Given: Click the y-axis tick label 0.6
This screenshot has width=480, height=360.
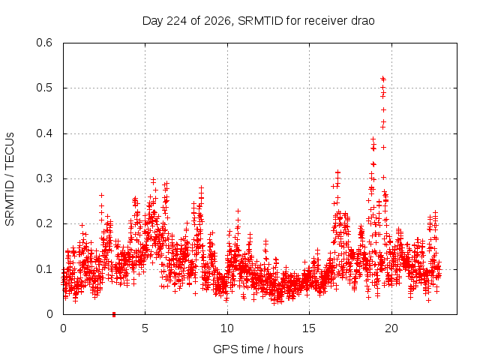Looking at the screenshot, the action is (44, 43).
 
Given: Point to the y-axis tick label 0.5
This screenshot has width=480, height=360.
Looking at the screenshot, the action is (44, 88).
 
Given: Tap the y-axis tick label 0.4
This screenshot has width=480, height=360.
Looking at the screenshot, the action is (44, 133).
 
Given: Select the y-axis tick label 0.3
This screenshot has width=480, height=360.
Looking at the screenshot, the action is (44, 178).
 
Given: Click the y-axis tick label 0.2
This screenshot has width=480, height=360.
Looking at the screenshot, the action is (44, 223).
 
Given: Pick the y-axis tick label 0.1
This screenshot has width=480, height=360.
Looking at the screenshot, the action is (44, 269).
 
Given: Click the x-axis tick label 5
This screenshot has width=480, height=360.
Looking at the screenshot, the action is (145, 328).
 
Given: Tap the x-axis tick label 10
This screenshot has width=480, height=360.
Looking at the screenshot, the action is (226, 328).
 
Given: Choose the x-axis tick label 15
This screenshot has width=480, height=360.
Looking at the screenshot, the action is (309, 328).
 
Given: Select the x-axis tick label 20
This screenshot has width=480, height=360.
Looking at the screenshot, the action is (391, 328).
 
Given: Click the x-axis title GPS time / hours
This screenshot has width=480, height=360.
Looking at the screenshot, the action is (258, 349).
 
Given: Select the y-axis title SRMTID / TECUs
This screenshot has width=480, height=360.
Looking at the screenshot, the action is (10, 179).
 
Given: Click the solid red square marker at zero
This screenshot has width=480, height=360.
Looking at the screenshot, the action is (114, 314).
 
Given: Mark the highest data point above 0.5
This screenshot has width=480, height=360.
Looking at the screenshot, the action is (382, 79).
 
